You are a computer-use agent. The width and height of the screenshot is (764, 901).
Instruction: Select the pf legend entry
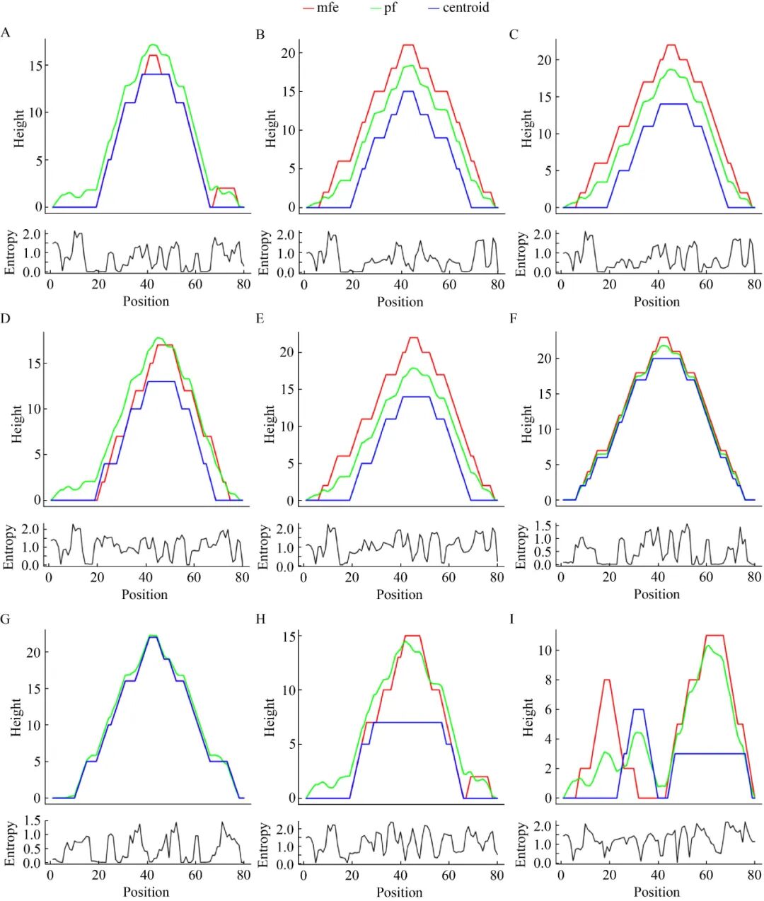pos(390,8)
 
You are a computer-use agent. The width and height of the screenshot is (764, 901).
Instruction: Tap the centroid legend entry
pos(465,8)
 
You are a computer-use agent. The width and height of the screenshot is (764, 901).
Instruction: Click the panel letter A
pos(6,33)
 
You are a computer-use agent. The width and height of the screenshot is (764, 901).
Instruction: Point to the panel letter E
pos(260,319)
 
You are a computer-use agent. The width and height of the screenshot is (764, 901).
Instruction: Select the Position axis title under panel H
pos(400,893)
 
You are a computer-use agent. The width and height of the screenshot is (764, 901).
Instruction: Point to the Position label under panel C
pos(656,302)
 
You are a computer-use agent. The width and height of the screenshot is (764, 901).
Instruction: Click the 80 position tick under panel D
pos(242,577)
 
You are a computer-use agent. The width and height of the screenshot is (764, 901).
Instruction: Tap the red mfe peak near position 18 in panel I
pos(607,680)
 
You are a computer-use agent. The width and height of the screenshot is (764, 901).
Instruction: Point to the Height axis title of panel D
pos(18,424)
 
